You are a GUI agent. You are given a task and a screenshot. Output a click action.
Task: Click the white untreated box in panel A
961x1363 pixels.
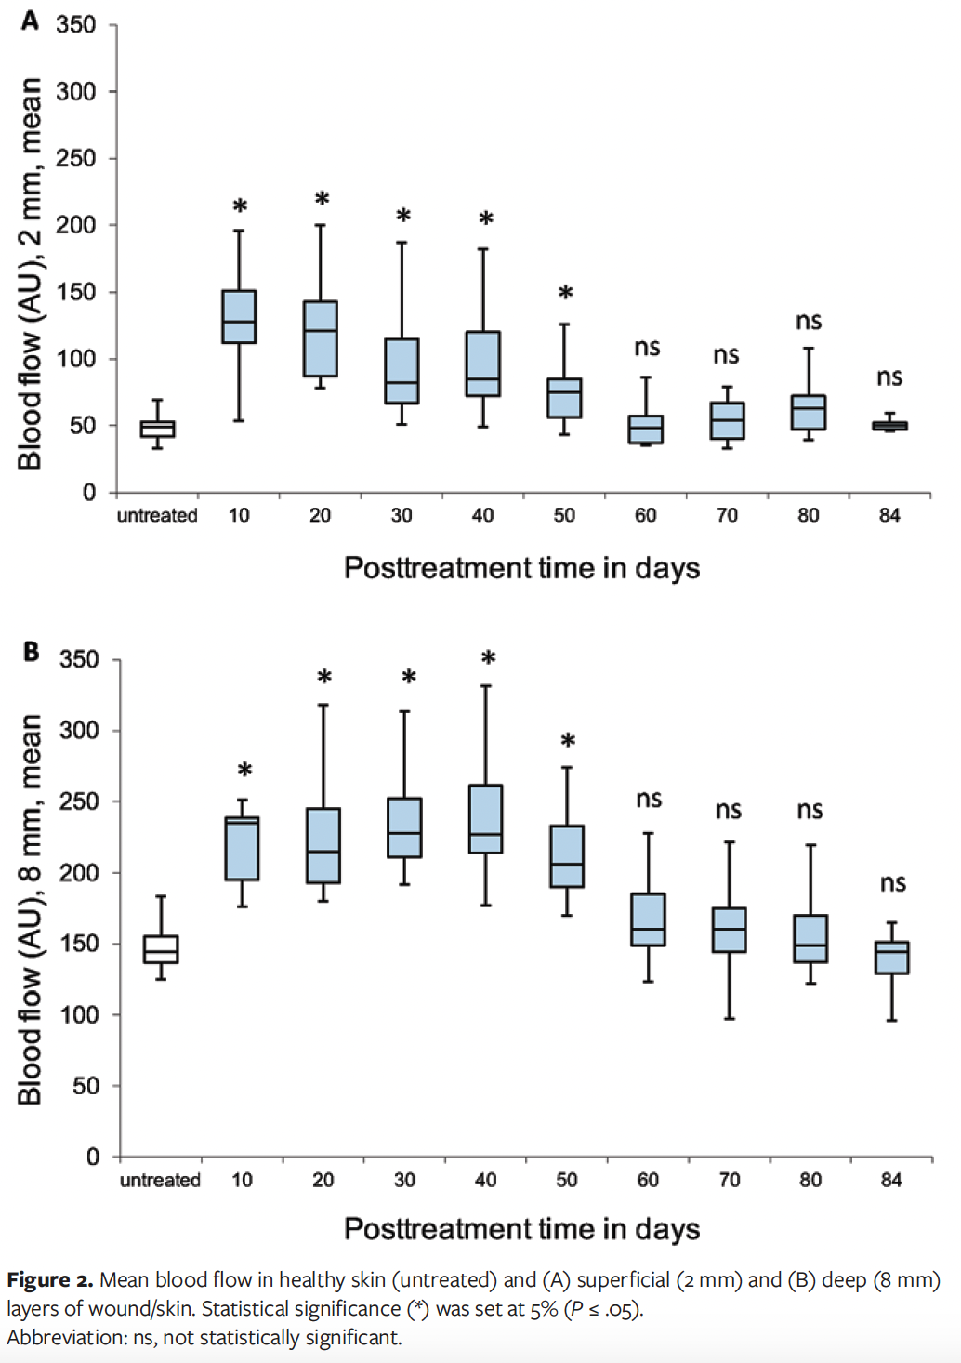(x=157, y=429)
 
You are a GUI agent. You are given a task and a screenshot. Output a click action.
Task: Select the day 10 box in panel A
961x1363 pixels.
(x=239, y=317)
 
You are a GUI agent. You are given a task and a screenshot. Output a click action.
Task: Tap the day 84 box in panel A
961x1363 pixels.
(x=889, y=426)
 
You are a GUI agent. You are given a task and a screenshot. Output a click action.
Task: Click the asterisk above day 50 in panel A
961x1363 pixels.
(x=565, y=294)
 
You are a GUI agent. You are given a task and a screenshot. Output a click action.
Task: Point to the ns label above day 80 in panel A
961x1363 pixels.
(x=809, y=322)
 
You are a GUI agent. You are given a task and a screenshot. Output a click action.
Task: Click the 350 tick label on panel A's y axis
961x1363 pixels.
(x=76, y=25)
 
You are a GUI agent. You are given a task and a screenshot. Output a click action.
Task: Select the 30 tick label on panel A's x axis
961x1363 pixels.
(x=402, y=515)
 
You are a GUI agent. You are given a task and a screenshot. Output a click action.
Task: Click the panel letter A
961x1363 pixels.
(x=30, y=20)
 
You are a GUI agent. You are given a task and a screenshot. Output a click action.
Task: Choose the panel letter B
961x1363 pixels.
(x=31, y=652)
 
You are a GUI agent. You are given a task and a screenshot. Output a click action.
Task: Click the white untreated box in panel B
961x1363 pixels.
(x=161, y=949)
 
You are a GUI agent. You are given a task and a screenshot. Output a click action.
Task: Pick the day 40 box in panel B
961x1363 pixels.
(x=485, y=819)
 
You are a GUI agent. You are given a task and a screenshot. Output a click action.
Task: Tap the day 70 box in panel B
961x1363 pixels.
(x=729, y=930)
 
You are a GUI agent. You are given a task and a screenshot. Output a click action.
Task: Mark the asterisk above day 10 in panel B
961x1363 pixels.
(x=244, y=771)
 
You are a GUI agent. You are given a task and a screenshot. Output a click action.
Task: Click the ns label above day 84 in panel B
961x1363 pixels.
(x=893, y=883)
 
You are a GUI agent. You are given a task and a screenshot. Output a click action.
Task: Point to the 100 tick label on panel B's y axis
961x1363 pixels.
(x=79, y=1015)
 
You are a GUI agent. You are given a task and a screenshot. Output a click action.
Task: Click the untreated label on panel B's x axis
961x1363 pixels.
(x=160, y=1180)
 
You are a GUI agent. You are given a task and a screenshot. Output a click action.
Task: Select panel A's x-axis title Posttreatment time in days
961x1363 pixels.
(x=521, y=568)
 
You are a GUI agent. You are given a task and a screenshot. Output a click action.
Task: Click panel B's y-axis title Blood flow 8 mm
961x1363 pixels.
(x=30, y=908)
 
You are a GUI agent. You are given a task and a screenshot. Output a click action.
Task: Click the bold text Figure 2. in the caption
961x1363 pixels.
(x=49, y=1280)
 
